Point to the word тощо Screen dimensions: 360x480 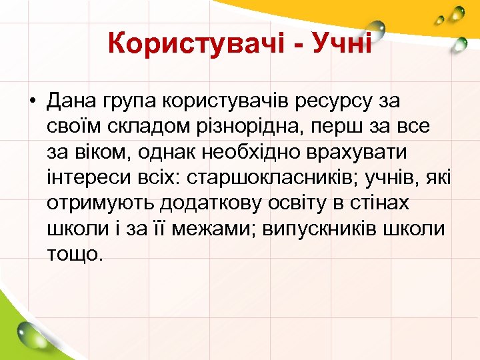(x=75, y=254)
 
